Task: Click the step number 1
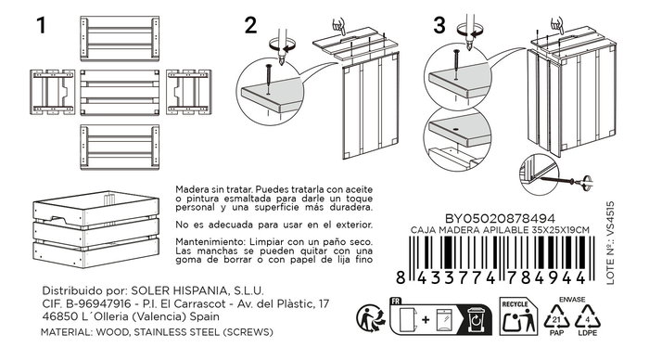click(42, 26)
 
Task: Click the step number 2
click(249, 26)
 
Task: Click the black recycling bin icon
click(474, 320)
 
